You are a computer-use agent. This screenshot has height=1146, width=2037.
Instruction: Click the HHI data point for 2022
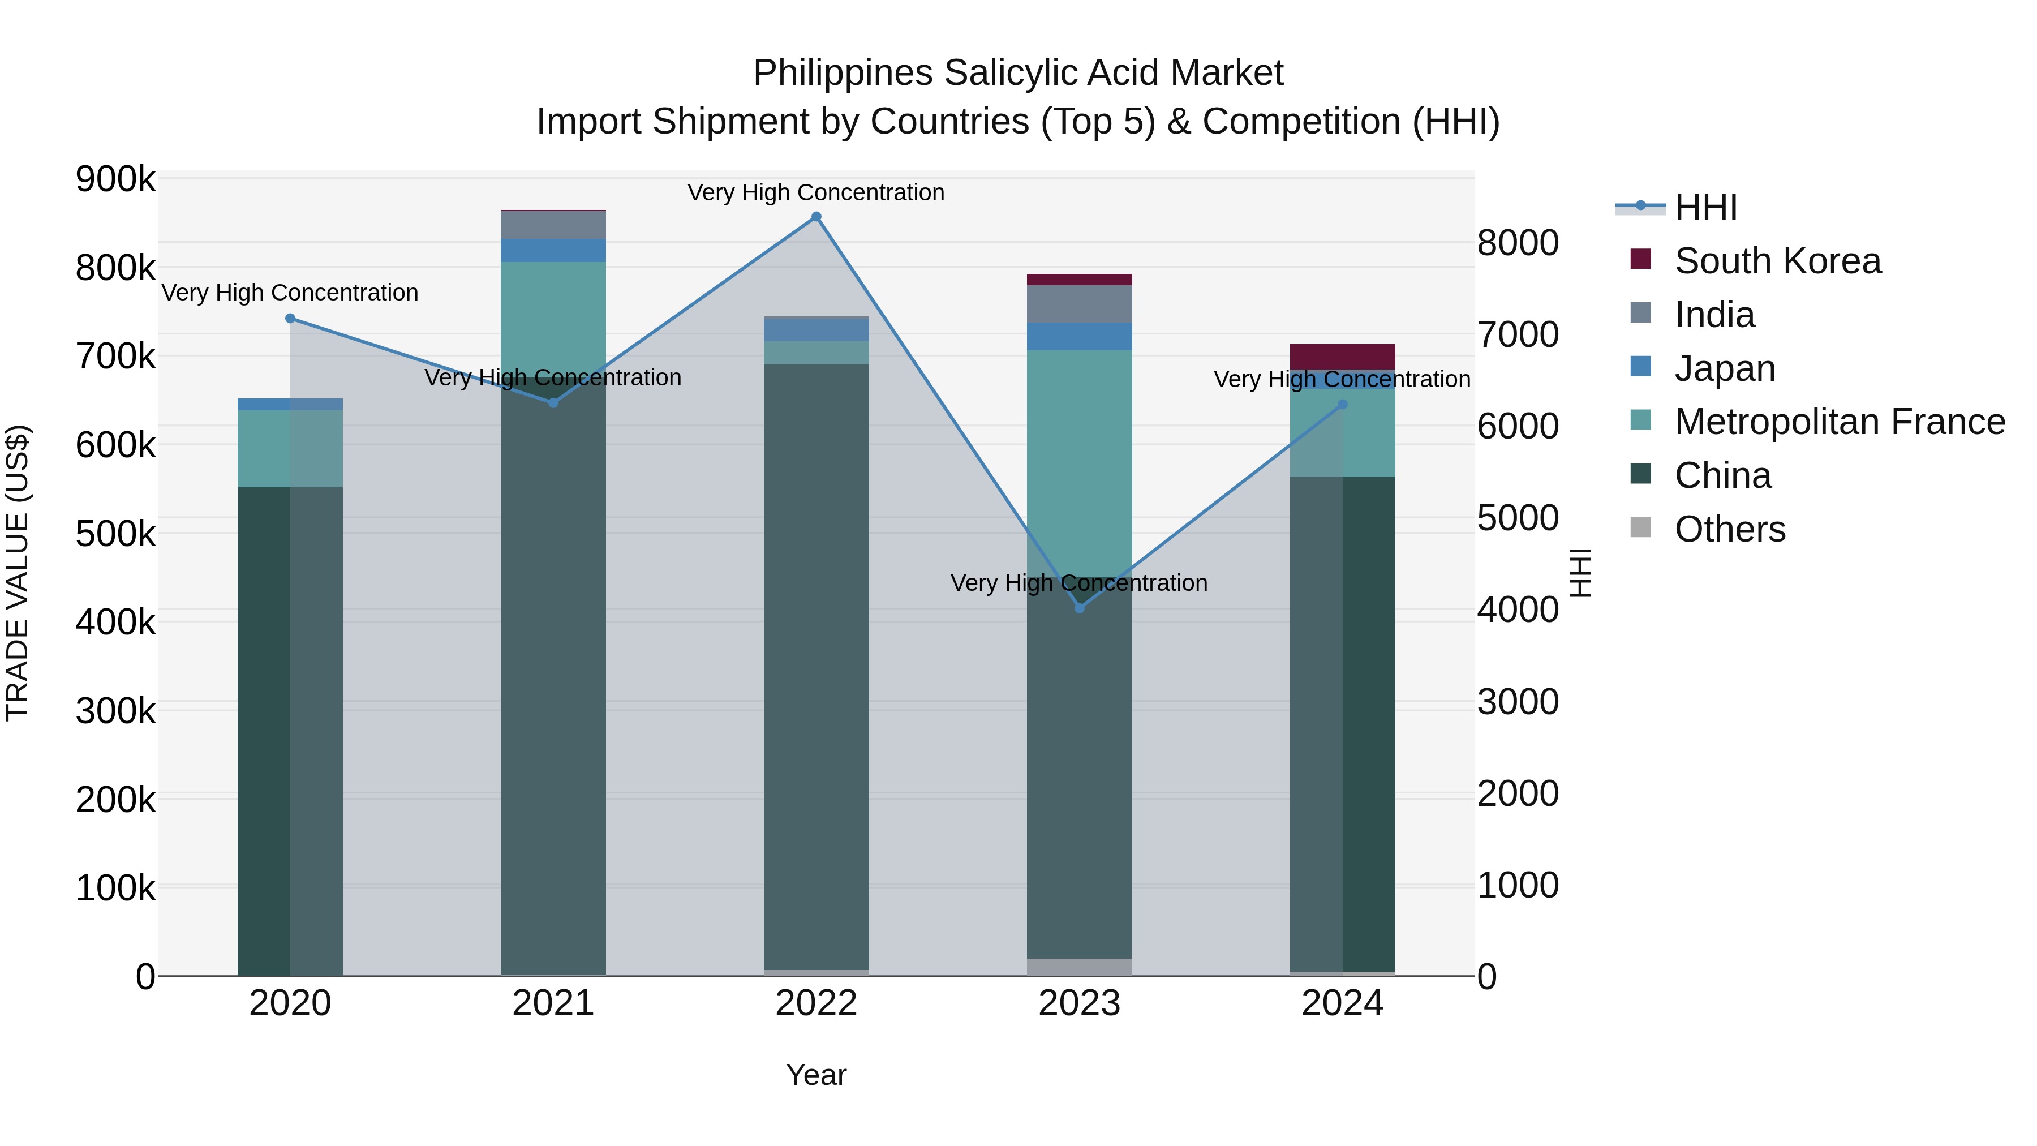(816, 217)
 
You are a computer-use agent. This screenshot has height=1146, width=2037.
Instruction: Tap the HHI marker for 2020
(290, 319)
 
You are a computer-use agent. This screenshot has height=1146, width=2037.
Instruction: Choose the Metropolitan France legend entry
(1840, 422)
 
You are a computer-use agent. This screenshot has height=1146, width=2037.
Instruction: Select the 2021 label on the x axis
(553, 1003)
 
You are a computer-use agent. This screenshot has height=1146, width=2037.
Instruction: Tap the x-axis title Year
(816, 1075)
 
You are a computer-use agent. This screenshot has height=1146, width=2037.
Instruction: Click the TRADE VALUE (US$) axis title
(18, 573)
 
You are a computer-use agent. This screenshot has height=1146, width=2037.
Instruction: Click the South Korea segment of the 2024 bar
(1342, 356)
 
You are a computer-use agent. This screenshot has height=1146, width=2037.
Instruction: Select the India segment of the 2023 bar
(1080, 304)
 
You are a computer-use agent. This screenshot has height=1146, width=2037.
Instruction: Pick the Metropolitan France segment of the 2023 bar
(1080, 459)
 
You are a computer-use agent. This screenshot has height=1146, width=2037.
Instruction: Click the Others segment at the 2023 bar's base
(1080, 967)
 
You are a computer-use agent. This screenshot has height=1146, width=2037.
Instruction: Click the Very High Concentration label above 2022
(816, 192)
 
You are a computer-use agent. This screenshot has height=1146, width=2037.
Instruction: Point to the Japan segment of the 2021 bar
(553, 250)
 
